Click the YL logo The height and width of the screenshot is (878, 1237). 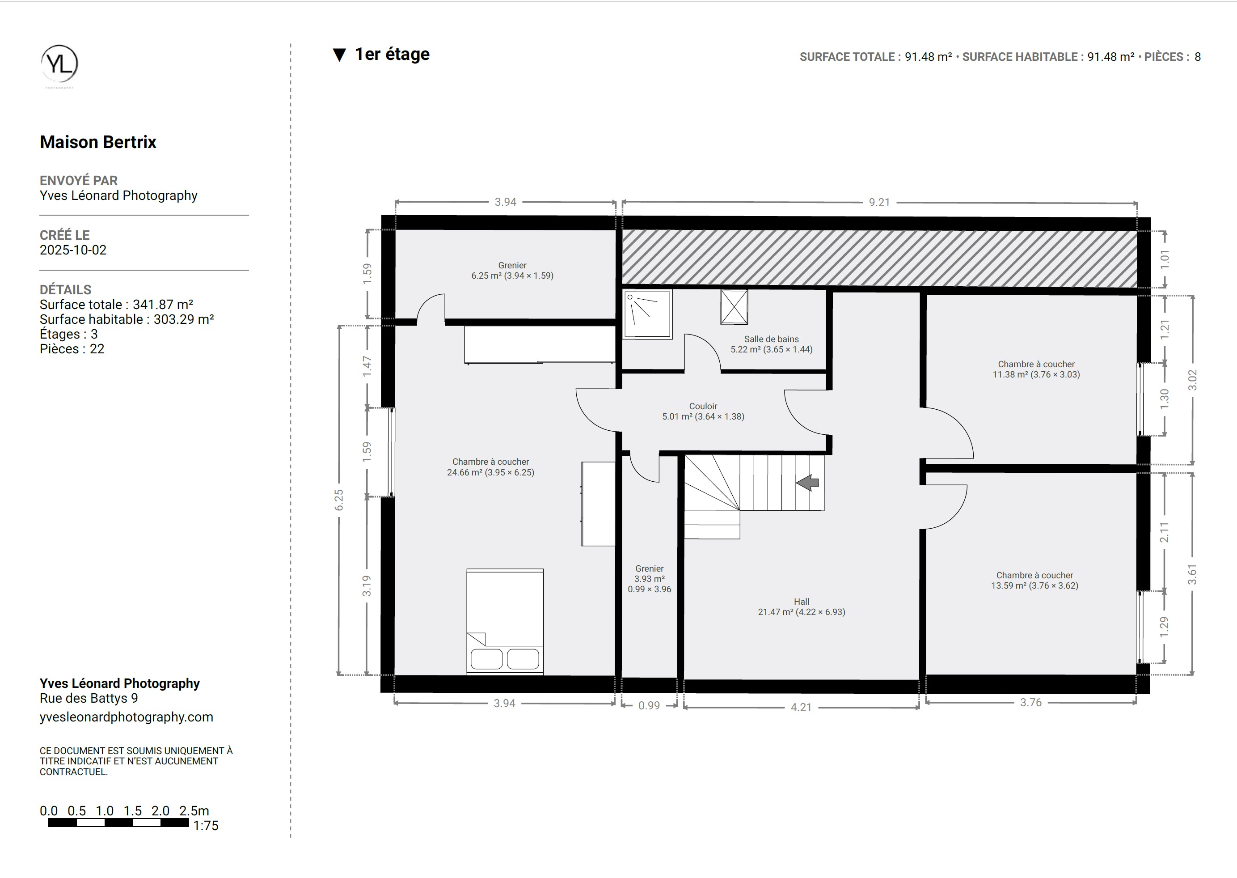coord(59,64)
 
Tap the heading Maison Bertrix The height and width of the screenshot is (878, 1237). coord(98,142)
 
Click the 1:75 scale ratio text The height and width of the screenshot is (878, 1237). coord(206,826)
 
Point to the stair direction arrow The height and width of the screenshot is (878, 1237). coord(807,482)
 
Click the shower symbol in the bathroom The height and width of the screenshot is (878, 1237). coord(647,314)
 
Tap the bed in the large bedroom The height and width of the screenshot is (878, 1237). coord(505,621)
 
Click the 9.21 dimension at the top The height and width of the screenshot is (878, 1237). coord(879,202)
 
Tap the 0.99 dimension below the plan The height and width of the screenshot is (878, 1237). coord(649,705)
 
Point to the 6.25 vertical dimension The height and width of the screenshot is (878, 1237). coord(339,500)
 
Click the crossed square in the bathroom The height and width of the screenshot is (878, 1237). coord(734,307)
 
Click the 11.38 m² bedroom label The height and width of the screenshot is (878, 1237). coord(1036,369)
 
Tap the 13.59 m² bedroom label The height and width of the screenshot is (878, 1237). coord(1034,580)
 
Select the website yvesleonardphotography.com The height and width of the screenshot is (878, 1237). coord(127,717)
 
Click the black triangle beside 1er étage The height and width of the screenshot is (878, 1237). coord(339,55)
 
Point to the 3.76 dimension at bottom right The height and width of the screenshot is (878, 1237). coord(1030,702)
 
